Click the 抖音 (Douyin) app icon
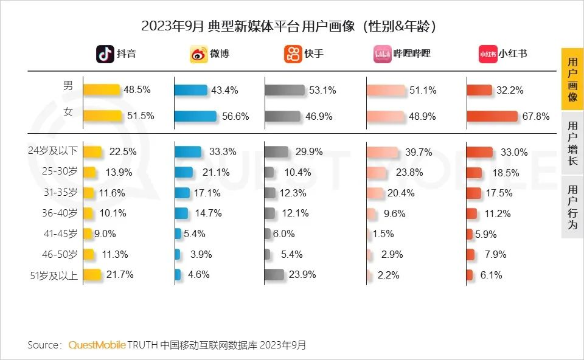click(105, 54)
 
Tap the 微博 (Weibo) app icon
click(199, 54)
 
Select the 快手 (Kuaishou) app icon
click(293, 54)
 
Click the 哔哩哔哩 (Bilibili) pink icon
click(382, 54)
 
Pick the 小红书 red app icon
click(488, 54)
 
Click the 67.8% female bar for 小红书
click(492, 116)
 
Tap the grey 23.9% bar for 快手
click(274, 275)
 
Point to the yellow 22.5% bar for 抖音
click(92, 152)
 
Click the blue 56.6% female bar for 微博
click(195, 116)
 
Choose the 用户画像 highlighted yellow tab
click(572, 80)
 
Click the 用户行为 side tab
click(572, 207)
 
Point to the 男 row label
click(68, 86)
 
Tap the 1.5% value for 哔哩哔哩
click(383, 234)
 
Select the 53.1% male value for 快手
click(322, 90)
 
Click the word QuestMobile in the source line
click(97, 345)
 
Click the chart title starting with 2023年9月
click(291, 26)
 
